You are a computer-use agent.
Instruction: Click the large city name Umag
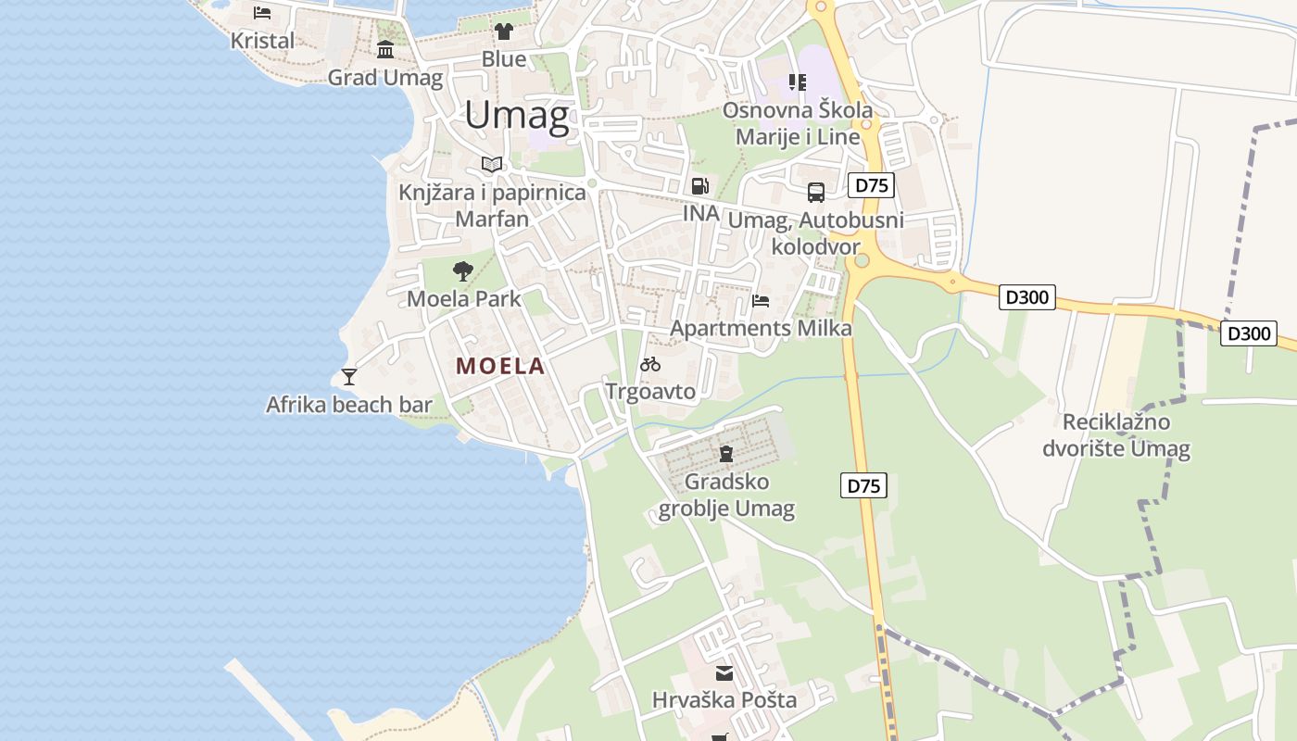(517, 116)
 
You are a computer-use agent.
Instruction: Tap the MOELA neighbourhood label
(500, 366)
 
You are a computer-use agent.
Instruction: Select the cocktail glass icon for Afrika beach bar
(349, 376)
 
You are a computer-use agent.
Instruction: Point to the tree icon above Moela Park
(463, 271)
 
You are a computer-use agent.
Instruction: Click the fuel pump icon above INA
(700, 185)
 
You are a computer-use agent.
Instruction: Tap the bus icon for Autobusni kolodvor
(816, 193)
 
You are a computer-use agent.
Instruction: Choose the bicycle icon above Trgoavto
(650, 364)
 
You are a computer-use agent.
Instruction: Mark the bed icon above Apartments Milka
(761, 300)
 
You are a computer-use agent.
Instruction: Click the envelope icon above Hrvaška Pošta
(724, 672)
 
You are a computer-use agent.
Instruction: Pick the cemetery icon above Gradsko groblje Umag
(726, 454)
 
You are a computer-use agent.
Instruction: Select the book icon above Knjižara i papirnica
(492, 165)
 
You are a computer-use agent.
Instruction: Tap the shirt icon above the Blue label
(503, 31)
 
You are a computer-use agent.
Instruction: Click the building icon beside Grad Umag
(385, 50)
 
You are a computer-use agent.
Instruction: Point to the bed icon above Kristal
(262, 13)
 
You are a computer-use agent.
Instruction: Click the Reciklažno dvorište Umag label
(1116, 436)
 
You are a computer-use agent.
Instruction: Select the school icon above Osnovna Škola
(797, 82)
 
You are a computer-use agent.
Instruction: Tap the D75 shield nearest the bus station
(871, 185)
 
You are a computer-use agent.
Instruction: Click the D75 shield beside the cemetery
(863, 485)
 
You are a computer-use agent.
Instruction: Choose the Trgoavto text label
(650, 392)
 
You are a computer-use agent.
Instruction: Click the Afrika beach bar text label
(349, 405)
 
